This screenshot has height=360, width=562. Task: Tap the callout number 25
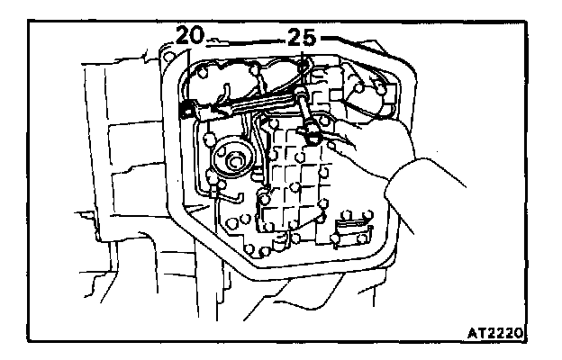(x=302, y=38)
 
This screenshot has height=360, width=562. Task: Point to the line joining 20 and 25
(x=248, y=40)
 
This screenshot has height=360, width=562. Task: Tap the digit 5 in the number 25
(x=311, y=38)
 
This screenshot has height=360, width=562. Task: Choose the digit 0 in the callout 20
(x=201, y=37)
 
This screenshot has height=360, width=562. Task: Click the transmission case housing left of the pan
(x=126, y=180)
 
